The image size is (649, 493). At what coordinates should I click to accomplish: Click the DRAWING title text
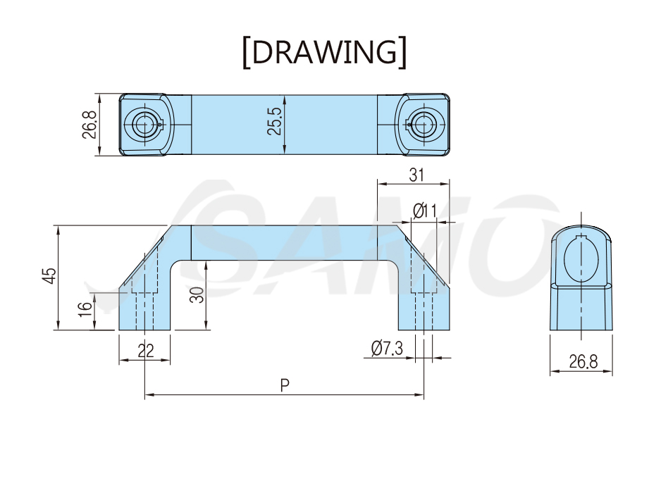point(324,52)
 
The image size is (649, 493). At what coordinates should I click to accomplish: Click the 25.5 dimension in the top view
point(274,121)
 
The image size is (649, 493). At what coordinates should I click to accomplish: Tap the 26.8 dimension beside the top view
point(89,125)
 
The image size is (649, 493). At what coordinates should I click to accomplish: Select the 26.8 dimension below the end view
point(583,362)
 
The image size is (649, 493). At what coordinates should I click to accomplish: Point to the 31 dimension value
point(416,175)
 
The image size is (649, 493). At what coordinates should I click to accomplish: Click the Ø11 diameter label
point(425,211)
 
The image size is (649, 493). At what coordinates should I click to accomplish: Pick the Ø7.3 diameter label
point(387,348)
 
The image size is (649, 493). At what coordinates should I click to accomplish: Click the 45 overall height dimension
point(49,276)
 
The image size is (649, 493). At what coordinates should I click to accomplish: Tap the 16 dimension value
point(85,309)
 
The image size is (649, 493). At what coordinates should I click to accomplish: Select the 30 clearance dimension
point(197,295)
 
